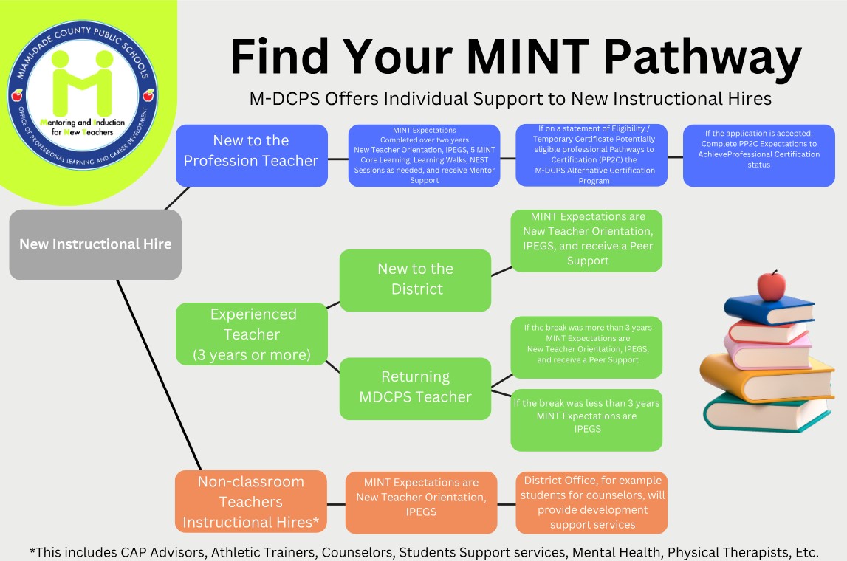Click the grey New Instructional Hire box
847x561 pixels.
pyautogui.click(x=95, y=244)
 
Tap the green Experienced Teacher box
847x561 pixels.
pyautogui.click(x=251, y=334)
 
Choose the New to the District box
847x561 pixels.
pyautogui.click(x=415, y=279)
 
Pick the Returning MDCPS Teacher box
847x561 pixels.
pyautogui.click(x=415, y=388)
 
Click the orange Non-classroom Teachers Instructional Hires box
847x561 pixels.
pyautogui.click(x=250, y=502)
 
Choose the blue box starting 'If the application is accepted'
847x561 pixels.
pyautogui.click(x=759, y=155)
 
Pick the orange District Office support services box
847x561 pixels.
pyautogui.click(x=591, y=502)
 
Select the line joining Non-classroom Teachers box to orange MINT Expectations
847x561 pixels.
pyautogui.click(x=336, y=504)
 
